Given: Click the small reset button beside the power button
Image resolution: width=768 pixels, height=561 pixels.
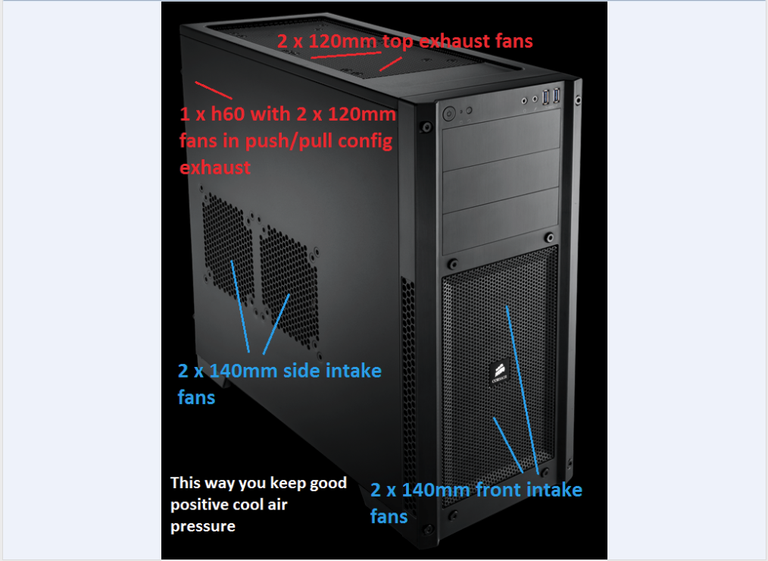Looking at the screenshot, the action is pyautogui.click(x=469, y=111).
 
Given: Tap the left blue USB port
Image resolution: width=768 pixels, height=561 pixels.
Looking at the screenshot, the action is pyautogui.click(x=545, y=96).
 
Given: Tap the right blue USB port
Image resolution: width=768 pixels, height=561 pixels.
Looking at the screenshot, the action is pyautogui.click(x=556, y=95).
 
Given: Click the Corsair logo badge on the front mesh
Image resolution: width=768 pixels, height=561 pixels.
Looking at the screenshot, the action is pyautogui.click(x=499, y=374).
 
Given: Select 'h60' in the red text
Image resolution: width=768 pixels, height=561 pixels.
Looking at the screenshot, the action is pyautogui.click(x=228, y=114).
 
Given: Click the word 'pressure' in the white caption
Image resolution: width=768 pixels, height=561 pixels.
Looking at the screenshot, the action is pyautogui.click(x=203, y=527).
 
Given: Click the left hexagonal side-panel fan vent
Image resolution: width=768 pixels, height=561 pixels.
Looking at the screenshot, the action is pyautogui.click(x=227, y=249).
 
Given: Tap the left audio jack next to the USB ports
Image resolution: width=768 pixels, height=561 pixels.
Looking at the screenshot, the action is pyautogui.click(x=524, y=101).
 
